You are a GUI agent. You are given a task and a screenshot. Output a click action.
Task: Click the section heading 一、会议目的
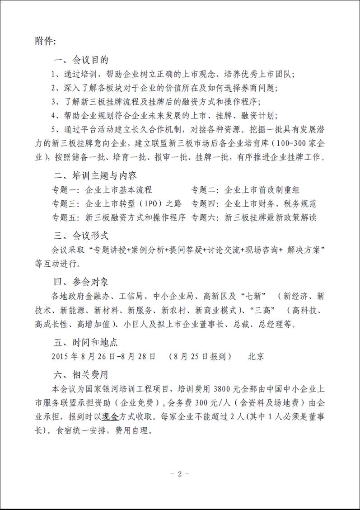pyautogui.click(x=81, y=60)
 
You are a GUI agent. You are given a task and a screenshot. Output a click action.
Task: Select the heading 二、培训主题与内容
pyautogui.click(x=95, y=175)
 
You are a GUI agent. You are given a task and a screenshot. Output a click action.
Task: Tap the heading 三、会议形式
pyautogui.click(x=81, y=236)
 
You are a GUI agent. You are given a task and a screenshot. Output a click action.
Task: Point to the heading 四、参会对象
pyautogui.click(x=81, y=282)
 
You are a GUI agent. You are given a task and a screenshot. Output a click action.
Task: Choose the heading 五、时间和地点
pyautogui.click(x=86, y=342)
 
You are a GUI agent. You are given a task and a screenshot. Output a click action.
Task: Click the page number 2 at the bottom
pyautogui.click(x=179, y=474)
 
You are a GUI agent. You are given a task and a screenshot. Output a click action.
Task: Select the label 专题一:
pyautogui.click(x=66, y=189)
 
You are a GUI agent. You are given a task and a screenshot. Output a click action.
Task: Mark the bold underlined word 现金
pyautogui.click(x=109, y=416)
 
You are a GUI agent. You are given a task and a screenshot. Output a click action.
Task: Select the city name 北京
pyautogui.click(x=256, y=356)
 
